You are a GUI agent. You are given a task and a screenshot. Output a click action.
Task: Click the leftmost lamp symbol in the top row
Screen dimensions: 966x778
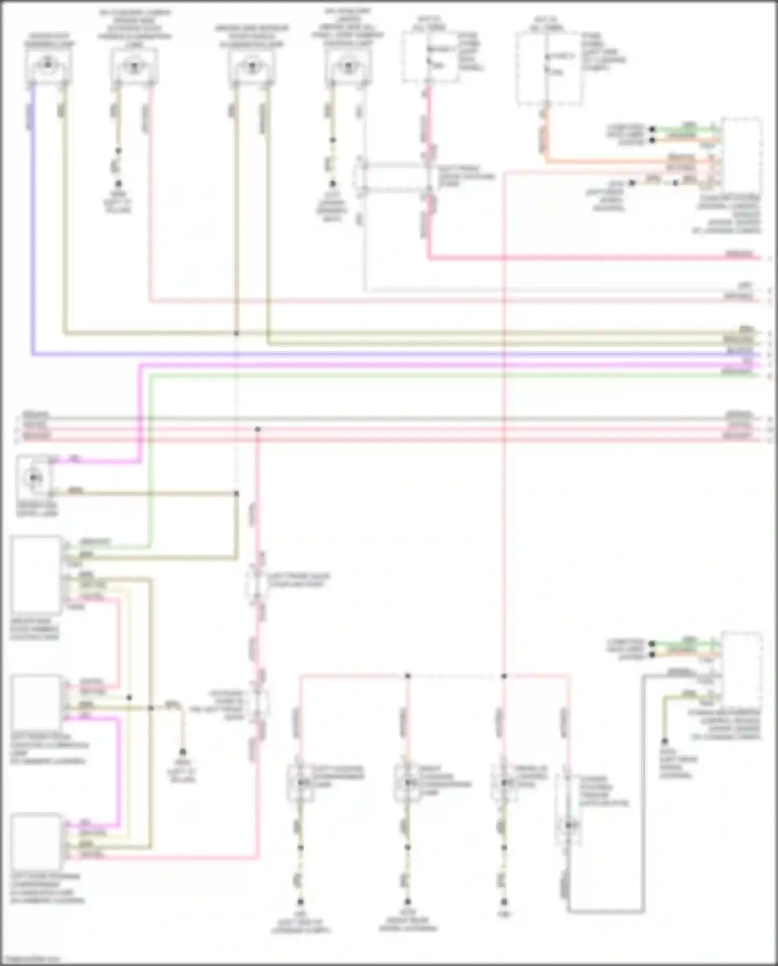click(x=48, y=65)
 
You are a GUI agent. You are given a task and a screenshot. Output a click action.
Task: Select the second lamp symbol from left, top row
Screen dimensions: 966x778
click(x=134, y=66)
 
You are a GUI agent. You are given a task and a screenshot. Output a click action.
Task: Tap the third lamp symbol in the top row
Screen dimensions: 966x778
click(x=252, y=66)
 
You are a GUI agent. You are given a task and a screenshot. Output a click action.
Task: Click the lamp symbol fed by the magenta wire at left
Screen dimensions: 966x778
click(x=34, y=477)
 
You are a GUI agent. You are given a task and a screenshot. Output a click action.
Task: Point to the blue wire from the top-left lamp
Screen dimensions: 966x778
click(x=33, y=218)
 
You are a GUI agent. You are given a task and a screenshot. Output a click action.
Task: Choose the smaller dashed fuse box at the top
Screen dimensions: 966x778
click(x=430, y=57)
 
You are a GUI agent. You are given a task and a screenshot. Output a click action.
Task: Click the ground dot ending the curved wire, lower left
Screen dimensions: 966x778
click(x=182, y=752)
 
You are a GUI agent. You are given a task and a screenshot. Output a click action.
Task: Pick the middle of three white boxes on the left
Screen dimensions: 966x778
click(x=36, y=702)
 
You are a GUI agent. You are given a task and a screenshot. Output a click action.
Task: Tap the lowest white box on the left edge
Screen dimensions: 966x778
click(x=36, y=841)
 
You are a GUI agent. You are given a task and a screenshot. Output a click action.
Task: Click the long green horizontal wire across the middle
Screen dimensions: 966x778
click(x=415, y=374)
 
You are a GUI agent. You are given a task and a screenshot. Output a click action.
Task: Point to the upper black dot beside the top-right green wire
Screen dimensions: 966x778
click(x=652, y=129)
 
